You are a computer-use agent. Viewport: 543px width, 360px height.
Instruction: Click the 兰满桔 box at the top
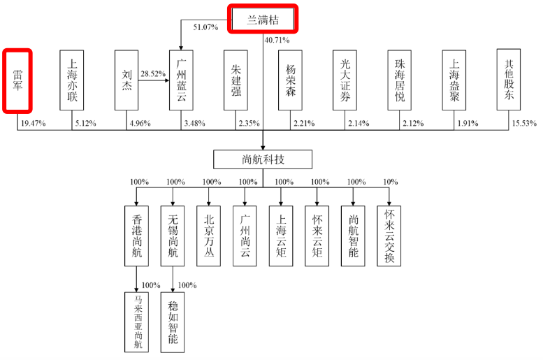tap(263, 20)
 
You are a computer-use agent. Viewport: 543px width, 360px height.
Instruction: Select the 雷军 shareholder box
tap(17, 80)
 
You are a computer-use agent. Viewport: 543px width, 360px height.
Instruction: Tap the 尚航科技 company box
tap(263, 159)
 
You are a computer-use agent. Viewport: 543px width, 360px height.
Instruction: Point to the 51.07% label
tap(205, 27)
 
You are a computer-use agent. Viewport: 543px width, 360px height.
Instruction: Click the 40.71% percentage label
tap(277, 40)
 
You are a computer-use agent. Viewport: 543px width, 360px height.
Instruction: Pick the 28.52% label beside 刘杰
tap(153, 74)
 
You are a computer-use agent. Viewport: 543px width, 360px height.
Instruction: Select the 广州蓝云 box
tap(181, 80)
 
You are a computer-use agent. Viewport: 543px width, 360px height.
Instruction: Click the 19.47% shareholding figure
tap(34, 123)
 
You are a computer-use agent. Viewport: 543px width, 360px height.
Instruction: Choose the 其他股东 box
tap(508, 80)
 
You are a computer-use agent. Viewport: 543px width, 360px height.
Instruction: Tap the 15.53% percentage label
tap(524, 123)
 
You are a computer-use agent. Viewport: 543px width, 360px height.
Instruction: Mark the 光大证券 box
tap(345, 80)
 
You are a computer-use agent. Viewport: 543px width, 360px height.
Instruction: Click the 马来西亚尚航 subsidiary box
tap(136, 322)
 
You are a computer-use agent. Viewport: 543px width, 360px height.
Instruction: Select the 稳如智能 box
tap(173, 322)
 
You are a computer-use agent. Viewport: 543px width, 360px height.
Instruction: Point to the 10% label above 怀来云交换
tap(390, 182)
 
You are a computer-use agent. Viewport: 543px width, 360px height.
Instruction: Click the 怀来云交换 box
tap(389, 236)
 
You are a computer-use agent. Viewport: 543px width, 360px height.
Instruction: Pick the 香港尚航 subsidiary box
tap(136, 236)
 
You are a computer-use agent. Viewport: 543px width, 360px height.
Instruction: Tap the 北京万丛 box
tap(208, 236)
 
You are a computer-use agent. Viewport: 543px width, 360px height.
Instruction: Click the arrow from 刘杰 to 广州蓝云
tap(154, 80)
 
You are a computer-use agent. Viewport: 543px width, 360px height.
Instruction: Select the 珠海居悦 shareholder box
tap(399, 80)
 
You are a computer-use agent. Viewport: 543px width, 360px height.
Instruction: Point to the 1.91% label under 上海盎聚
tap(468, 123)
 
